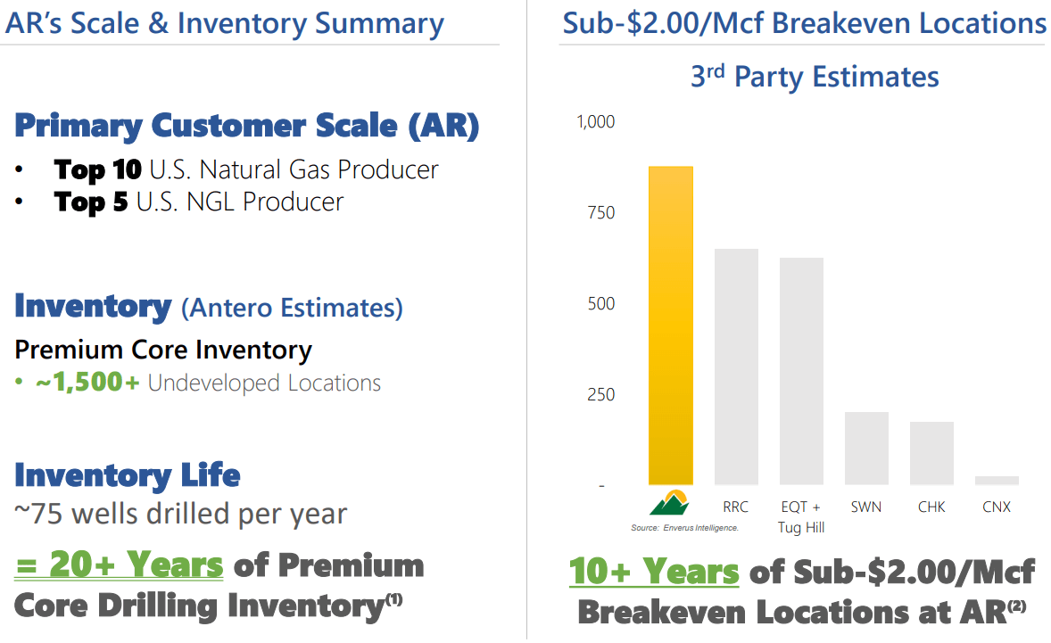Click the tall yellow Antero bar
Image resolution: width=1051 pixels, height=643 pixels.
(670, 326)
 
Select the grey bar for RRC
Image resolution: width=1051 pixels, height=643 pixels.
(736, 367)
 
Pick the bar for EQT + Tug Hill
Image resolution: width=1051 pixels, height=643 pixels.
(801, 371)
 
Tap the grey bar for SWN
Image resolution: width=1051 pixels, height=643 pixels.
(866, 449)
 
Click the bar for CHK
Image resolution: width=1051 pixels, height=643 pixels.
(931, 453)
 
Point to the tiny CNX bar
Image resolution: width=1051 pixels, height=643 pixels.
(997, 481)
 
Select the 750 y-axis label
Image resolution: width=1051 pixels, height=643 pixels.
(601, 212)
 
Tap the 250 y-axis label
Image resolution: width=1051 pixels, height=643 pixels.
(601, 394)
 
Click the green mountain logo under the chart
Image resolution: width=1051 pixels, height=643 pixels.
(670, 503)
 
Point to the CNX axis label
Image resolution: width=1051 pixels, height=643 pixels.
(997, 507)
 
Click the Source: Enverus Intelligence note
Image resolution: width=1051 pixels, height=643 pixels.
(684, 528)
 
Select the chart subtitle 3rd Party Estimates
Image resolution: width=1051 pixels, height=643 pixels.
(815, 77)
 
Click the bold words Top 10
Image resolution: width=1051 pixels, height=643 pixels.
(97, 169)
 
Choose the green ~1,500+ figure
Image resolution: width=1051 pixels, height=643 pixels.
(87, 383)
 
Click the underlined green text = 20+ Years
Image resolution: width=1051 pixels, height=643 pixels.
(119, 565)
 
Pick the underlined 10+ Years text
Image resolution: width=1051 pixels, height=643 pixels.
(654, 572)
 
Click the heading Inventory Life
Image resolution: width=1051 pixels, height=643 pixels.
(127, 474)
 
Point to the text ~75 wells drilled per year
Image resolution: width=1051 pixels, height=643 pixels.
(180, 514)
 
